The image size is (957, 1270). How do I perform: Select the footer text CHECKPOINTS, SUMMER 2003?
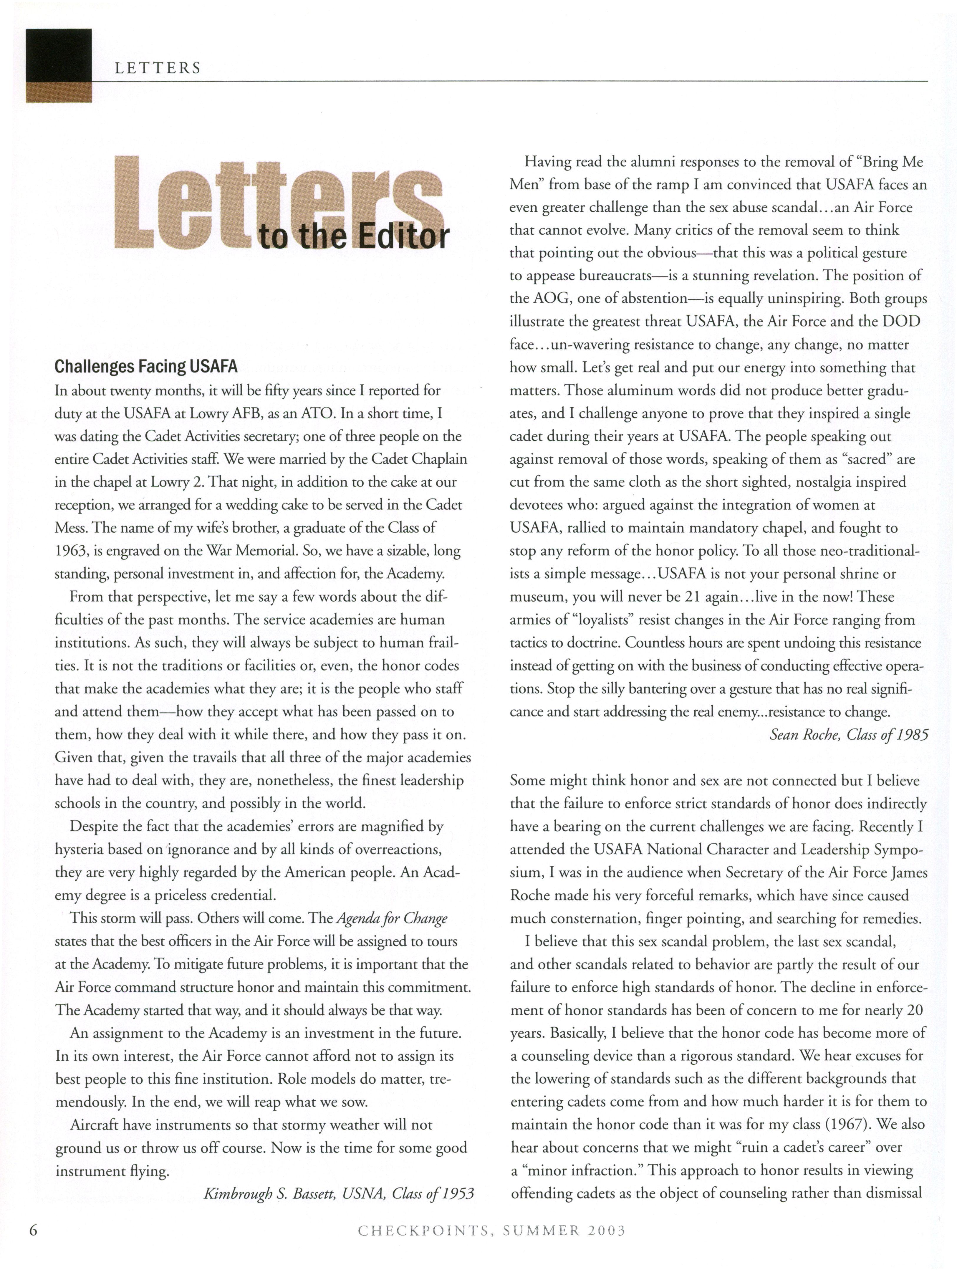point(491,1231)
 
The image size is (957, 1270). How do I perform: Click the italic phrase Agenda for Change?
point(392,918)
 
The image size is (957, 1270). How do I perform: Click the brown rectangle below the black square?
point(59,92)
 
